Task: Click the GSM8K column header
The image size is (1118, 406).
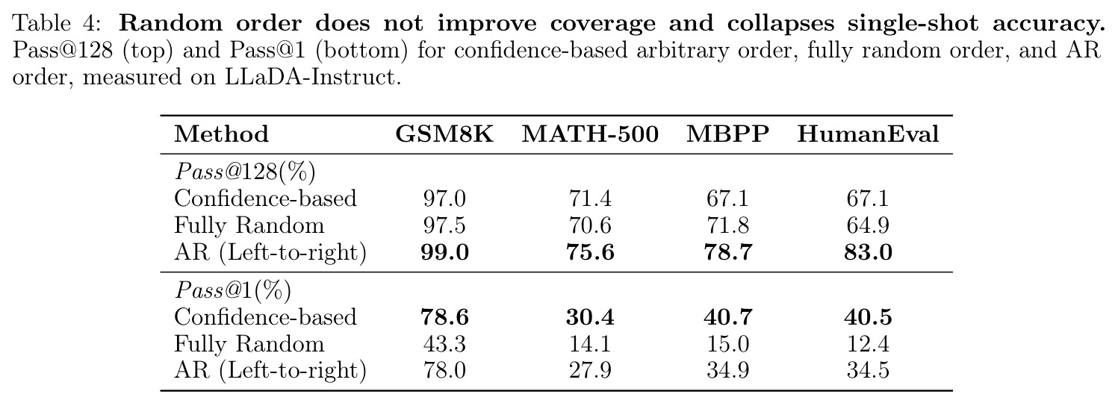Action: coord(444,134)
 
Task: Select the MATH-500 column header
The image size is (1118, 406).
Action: coord(590,134)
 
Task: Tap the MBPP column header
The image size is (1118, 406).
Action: coord(727,134)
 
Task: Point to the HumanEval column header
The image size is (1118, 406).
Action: coord(868,134)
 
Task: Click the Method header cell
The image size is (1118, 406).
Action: coord(222,134)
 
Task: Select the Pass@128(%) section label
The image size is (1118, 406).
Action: coord(245,172)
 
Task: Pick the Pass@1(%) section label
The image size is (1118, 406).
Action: coord(232,290)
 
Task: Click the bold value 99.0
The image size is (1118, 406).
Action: coord(444,252)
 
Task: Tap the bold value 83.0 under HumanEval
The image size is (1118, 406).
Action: coord(868,252)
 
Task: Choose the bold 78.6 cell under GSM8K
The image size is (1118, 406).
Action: coord(444,317)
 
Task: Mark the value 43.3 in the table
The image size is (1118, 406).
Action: coord(444,344)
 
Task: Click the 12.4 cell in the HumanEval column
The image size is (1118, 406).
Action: coord(868,344)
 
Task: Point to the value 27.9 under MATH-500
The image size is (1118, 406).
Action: coord(590,371)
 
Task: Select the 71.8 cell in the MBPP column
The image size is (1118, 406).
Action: coord(727,225)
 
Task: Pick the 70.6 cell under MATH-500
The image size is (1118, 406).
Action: coord(590,225)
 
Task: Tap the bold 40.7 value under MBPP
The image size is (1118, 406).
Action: coord(727,317)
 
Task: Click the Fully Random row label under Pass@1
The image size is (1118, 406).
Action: coord(249,344)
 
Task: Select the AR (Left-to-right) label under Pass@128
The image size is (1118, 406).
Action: coord(270,252)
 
